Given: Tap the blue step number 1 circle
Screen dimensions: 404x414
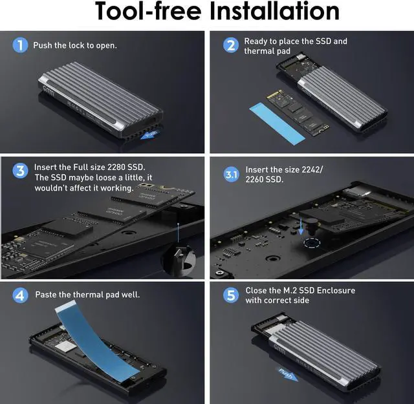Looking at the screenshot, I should tap(21, 45).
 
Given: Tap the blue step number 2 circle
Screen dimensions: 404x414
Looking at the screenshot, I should tap(230, 45).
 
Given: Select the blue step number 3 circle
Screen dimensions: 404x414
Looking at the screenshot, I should tap(21, 171).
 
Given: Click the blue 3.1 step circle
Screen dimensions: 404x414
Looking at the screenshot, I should tap(231, 175).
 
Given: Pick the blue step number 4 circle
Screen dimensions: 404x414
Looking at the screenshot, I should tap(21, 295).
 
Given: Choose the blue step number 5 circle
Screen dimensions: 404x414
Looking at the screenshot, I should tap(231, 295).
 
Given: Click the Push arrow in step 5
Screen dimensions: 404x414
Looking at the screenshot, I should tap(287, 373).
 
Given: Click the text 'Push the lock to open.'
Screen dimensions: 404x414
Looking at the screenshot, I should tap(76, 46).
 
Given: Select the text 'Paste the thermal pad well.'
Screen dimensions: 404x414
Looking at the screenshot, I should tap(87, 295).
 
